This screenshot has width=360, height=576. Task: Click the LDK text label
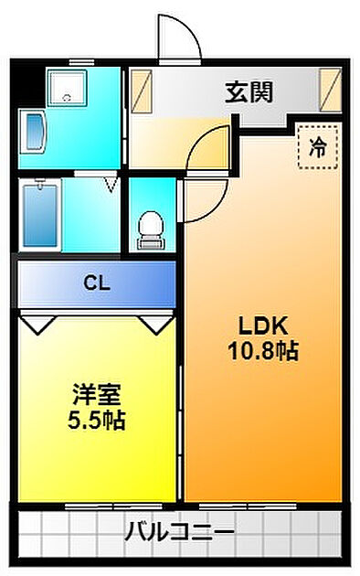click(264, 325)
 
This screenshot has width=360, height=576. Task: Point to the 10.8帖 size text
click(264, 351)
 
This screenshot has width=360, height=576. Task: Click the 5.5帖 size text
click(98, 421)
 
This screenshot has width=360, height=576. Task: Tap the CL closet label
click(97, 283)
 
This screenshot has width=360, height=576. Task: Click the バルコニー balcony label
click(180, 531)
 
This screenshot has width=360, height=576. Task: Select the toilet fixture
click(148, 229)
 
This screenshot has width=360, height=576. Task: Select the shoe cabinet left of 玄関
click(141, 91)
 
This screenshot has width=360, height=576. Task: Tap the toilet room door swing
click(201, 203)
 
